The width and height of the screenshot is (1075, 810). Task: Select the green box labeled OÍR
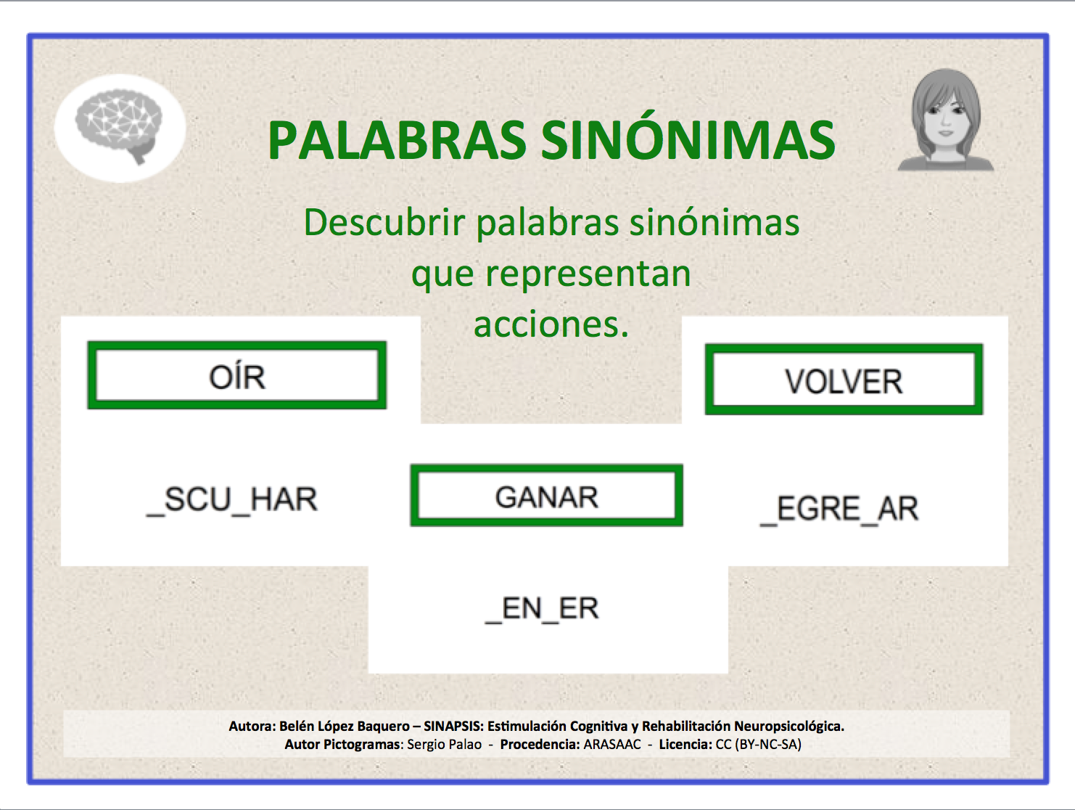point(237,376)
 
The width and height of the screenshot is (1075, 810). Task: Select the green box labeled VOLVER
point(844,380)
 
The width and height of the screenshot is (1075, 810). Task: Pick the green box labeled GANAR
point(546,496)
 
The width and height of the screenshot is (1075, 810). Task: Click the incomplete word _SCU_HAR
point(232,500)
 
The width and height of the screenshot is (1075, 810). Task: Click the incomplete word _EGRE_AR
point(839,509)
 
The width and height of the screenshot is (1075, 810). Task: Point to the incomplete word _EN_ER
point(542,609)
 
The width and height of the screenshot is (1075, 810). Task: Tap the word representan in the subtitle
point(588,274)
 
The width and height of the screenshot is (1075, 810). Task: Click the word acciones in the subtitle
point(548,324)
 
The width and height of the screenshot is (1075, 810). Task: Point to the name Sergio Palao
point(444,744)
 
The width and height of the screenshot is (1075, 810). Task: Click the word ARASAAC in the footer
point(612,744)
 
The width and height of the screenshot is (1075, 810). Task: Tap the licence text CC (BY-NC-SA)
point(758,744)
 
